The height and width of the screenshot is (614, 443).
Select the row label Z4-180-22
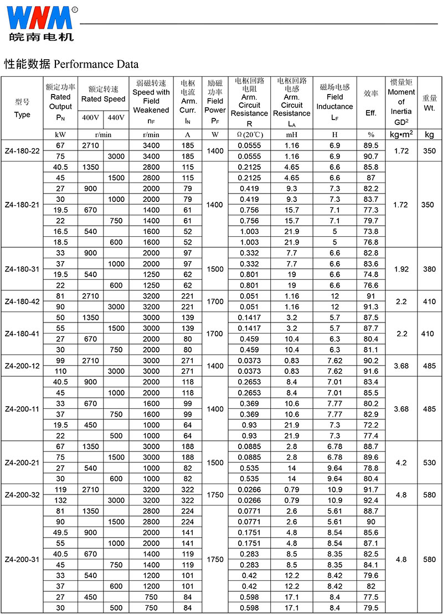coord(22,150)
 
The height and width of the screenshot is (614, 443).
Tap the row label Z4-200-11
coord(22,409)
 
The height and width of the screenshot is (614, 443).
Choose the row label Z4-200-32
coord(22,495)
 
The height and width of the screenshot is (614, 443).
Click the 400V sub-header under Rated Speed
coord(90,117)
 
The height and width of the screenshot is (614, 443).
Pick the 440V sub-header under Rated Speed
coord(116,117)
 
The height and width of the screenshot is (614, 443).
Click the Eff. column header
coord(371,113)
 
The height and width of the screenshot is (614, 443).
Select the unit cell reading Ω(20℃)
coord(250,134)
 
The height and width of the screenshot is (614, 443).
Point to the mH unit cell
coord(291,134)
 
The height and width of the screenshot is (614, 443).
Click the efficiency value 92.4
coord(371,501)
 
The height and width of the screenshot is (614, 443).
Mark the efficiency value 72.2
coord(371,425)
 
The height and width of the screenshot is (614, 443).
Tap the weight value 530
coord(429,462)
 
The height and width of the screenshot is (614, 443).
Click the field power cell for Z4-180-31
coord(215,269)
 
